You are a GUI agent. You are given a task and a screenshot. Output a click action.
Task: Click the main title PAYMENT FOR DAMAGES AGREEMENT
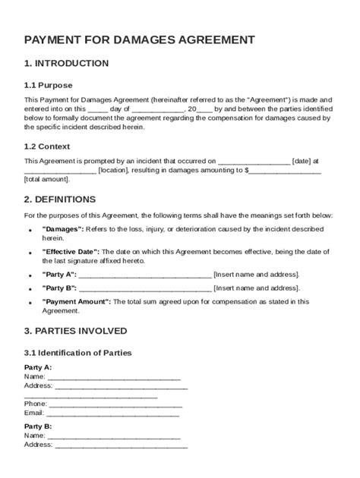[139, 39]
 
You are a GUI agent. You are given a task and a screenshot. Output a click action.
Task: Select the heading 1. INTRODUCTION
[66, 63]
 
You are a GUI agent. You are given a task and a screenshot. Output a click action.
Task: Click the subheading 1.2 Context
[47, 146]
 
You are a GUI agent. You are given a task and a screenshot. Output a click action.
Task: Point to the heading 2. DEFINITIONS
[60, 200]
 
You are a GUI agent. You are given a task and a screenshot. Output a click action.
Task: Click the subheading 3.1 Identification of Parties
[78, 353]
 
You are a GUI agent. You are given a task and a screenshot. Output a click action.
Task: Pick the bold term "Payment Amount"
[76, 301]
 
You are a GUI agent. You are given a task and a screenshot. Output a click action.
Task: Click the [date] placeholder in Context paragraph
[302, 161]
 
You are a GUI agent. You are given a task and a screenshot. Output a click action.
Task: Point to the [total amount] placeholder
[46, 180]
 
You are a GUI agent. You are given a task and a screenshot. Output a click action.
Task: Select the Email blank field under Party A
[113, 414]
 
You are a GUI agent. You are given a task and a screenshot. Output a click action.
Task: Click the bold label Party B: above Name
[38, 427]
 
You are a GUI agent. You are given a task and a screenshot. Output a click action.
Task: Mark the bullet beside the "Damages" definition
[30, 229]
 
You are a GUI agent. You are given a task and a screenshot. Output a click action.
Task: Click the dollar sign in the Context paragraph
[246, 171]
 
